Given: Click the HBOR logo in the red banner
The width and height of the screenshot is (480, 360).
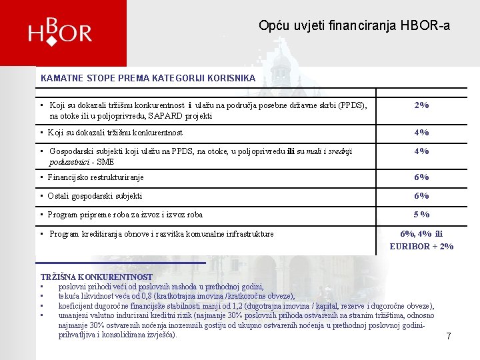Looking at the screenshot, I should pos(60,32).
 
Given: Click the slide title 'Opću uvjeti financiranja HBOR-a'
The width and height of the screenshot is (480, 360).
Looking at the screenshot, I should pos(354,26).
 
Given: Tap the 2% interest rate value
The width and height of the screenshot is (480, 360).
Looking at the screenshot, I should pos(421,105).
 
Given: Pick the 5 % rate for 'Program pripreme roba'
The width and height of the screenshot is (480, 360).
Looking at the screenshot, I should pos(421,215).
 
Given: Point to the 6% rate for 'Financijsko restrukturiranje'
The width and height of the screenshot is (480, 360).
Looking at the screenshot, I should pos(421,177).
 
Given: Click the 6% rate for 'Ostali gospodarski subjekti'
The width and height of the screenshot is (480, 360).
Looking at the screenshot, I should pos(421,196).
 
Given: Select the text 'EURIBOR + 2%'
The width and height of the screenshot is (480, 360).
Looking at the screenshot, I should pos(421,246).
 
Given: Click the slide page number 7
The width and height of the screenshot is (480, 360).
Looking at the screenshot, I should pos(449,337).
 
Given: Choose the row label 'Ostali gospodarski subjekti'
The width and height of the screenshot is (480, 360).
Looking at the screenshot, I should pos(95,196).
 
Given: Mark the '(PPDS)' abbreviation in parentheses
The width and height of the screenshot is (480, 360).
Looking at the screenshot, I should pos(351,105).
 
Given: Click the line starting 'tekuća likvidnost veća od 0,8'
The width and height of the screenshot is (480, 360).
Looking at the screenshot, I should pos(176,296).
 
